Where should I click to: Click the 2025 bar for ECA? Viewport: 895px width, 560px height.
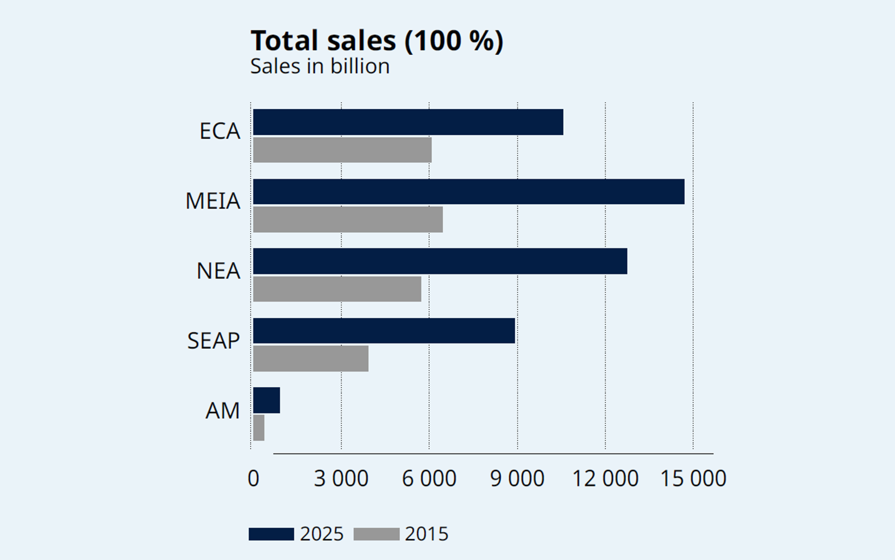tap(408, 122)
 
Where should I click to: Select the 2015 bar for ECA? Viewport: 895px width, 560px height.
tap(342, 150)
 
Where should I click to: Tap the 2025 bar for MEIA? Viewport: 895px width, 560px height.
tap(468, 192)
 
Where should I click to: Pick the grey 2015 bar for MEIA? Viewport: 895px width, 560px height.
tap(348, 219)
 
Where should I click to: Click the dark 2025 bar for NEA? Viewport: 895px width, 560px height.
tap(440, 261)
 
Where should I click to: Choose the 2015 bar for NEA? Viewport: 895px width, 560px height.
tap(337, 289)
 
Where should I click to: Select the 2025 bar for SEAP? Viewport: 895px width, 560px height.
tap(384, 331)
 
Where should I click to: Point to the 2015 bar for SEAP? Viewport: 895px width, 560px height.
tap(310, 359)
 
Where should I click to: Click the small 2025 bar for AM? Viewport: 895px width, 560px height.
tap(266, 400)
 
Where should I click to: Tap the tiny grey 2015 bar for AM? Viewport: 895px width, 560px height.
tap(259, 428)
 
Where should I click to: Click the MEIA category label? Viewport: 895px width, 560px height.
tap(213, 201)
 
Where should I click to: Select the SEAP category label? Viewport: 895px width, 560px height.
tap(213, 341)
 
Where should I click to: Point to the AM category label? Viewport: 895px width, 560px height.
tap(222, 410)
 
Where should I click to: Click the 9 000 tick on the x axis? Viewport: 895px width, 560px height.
tap(517, 479)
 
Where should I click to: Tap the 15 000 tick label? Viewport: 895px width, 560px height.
tap(693, 479)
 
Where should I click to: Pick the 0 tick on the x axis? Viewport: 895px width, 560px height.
tap(253, 479)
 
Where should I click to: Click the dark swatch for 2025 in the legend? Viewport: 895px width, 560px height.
tap(271, 534)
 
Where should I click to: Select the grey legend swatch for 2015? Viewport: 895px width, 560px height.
tap(376, 534)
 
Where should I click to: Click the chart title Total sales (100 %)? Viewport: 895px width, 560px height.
tap(377, 40)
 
